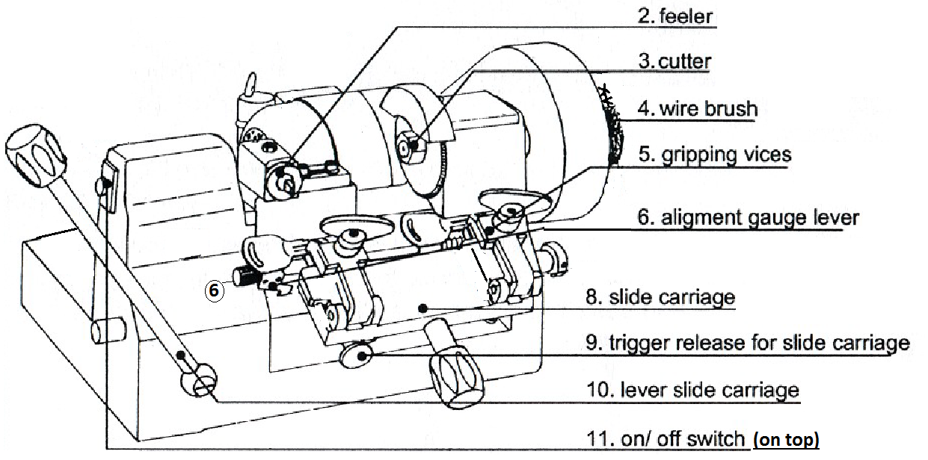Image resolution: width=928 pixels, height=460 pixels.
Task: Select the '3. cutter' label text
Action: (x=675, y=60)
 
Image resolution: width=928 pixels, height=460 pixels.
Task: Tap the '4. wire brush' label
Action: (x=697, y=108)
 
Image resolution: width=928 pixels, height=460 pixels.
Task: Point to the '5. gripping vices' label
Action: (x=714, y=155)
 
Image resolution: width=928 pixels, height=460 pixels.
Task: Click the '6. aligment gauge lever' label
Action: (x=749, y=217)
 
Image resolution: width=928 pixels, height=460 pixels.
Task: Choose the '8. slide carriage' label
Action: (x=660, y=297)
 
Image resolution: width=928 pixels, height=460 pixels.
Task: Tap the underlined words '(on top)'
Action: (x=786, y=440)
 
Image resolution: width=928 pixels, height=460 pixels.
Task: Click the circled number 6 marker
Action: (x=214, y=290)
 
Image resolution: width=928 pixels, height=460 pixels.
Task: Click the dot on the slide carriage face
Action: (x=423, y=307)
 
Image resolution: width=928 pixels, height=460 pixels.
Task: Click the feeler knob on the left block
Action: (x=283, y=178)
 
